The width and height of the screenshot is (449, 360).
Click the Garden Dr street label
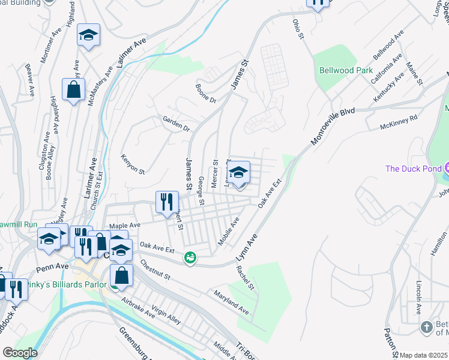(x=176, y=124)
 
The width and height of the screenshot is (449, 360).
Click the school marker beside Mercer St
(x=238, y=173)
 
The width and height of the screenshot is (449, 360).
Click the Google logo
(x=20, y=353)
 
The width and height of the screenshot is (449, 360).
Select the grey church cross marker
(x=426, y=327)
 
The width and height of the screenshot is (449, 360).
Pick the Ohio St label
(x=298, y=29)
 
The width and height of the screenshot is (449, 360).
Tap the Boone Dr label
(x=205, y=93)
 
